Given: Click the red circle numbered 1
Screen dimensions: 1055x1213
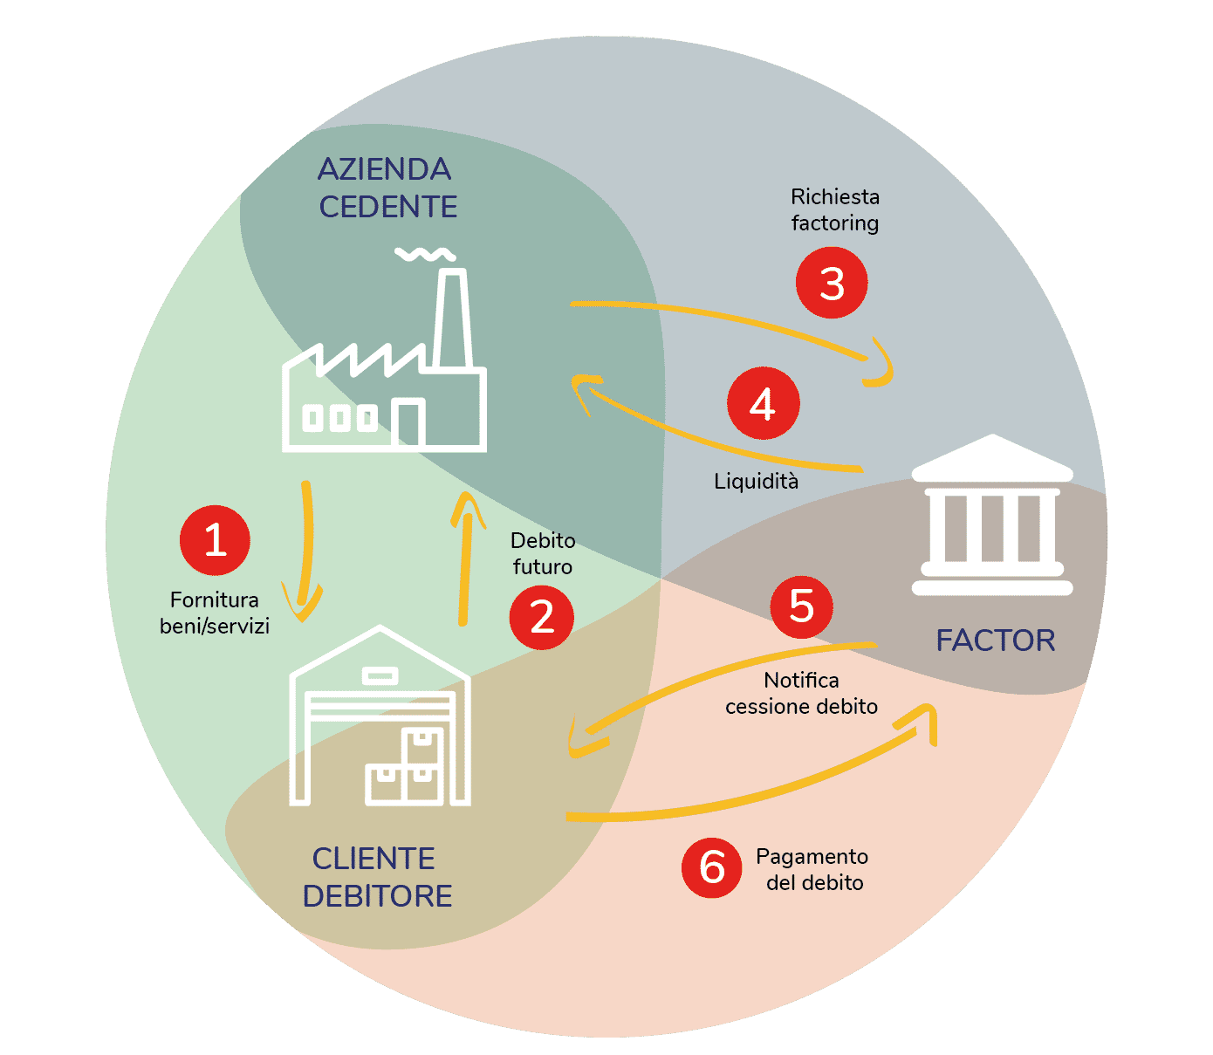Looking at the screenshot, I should [x=215, y=539].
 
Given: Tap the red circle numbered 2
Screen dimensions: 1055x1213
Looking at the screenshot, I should [x=542, y=617].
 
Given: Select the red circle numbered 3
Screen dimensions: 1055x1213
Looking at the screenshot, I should [x=832, y=283].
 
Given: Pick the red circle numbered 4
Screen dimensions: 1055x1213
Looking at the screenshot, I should [x=763, y=403].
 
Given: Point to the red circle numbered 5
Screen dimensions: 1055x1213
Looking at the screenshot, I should [x=801, y=606].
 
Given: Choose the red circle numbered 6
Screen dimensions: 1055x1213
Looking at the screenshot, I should [x=712, y=867].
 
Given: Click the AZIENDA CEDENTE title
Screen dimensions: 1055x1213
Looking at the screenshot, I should [x=386, y=188].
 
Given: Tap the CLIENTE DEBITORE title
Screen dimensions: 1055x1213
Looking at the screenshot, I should [x=376, y=877].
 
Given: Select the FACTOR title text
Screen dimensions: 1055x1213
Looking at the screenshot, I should [x=995, y=641].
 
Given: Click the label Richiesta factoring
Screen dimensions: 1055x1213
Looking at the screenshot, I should [x=835, y=209].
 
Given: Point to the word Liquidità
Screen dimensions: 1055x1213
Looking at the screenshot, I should [x=756, y=481].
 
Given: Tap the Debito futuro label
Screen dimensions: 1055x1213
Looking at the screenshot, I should [x=543, y=553].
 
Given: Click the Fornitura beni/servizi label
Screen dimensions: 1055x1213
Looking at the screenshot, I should [x=215, y=613].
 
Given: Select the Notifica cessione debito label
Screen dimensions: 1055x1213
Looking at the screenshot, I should [x=801, y=693].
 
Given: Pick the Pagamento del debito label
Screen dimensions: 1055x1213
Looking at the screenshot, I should [x=813, y=869].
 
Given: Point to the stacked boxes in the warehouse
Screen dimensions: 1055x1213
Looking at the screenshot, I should [x=407, y=768].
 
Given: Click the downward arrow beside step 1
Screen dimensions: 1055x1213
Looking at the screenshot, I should [x=305, y=550].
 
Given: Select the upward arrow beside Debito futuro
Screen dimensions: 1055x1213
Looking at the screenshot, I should [x=466, y=558].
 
